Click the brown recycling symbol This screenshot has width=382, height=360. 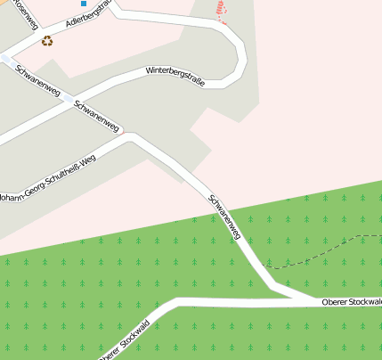tap(47, 40)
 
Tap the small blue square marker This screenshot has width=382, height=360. tap(85, 4)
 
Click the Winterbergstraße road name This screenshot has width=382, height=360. tap(175, 77)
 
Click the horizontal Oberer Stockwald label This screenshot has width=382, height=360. tap(352, 303)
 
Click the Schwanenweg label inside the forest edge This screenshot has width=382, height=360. tap(224, 217)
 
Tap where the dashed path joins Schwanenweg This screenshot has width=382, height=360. tap(265, 267)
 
